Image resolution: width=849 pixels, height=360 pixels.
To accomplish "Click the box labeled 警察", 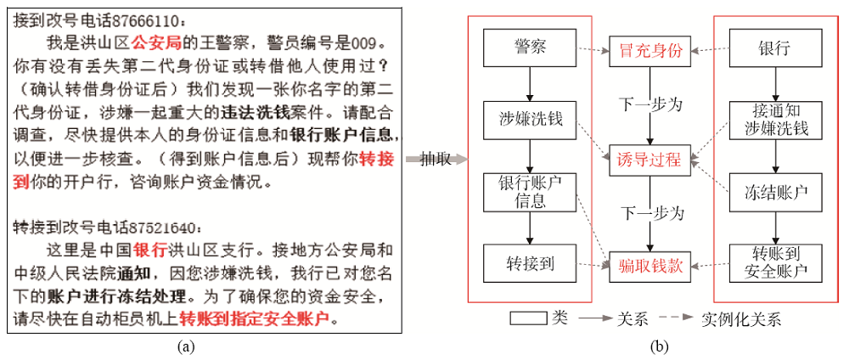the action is pyautogui.click(x=530, y=48).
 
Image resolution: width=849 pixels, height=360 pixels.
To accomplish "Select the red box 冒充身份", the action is pyautogui.click(x=650, y=52).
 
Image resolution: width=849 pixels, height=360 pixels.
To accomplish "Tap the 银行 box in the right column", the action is pyautogui.click(x=776, y=48).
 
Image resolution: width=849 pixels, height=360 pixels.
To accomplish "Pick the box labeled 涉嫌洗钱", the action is pyautogui.click(x=530, y=119).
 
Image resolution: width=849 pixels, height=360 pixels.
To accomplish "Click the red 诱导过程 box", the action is pyautogui.click(x=650, y=160).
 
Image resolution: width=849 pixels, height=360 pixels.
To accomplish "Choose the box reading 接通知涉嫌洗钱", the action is pyautogui.click(x=776, y=121).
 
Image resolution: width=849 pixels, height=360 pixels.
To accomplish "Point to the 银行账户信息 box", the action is pyautogui.click(x=530, y=192).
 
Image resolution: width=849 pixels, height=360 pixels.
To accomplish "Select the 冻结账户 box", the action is pyautogui.click(x=776, y=192).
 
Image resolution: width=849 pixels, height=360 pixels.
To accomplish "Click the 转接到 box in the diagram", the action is pyautogui.click(x=530, y=264).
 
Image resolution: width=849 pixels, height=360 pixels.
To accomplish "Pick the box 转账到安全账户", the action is pyautogui.click(x=776, y=264).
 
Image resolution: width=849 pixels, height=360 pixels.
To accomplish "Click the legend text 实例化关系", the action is pyautogui.click(x=741, y=319).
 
